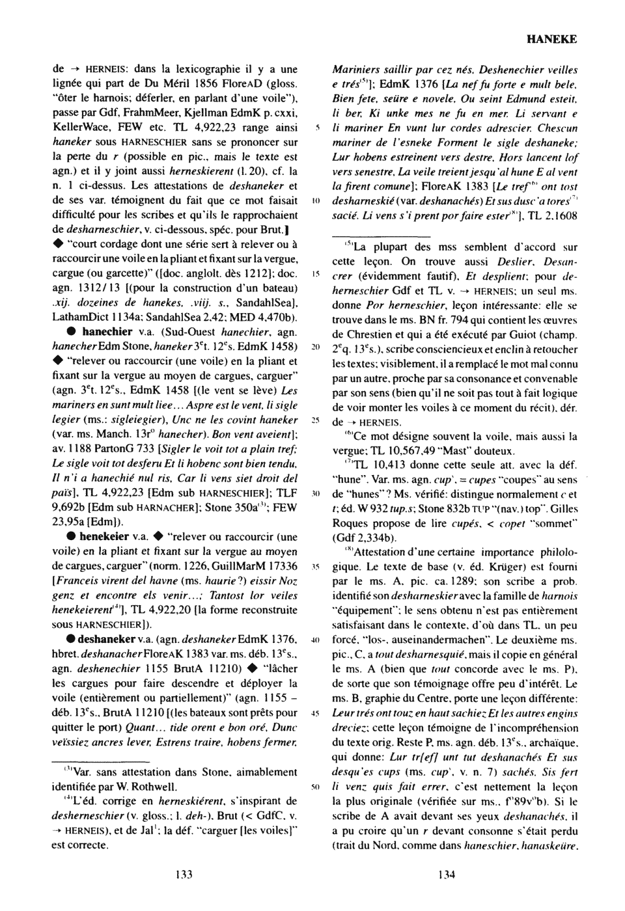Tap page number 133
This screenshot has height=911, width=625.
(x=183, y=875)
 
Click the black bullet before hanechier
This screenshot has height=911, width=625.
(x=72, y=331)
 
